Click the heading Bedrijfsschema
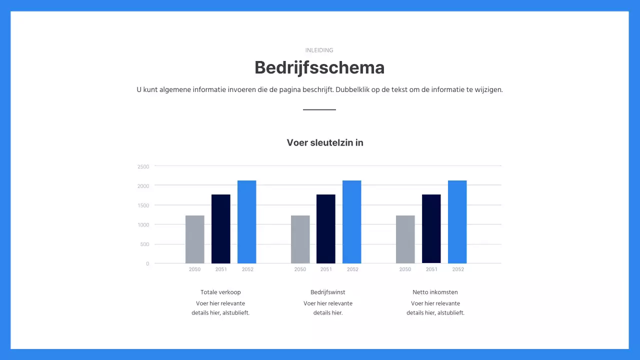(x=319, y=67)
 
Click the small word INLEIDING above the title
(x=319, y=50)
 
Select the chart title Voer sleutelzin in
(x=325, y=142)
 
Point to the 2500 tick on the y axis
(x=143, y=166)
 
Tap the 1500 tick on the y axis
(x=143, y=205)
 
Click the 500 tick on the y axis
(x=144, y=244)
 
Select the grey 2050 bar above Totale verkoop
(x=195, y=239)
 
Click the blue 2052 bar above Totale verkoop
(x=247, y=222)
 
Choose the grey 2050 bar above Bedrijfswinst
(x=300, y=239)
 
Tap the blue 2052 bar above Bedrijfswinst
(x=352, y=222)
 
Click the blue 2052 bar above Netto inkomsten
(x=457, y=222)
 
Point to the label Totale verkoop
(x=220, y=292)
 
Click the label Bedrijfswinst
(x=328, y=292)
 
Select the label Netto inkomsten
(x=435, y=292)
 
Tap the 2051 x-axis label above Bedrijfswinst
(x=326, y=269)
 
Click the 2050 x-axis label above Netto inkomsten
(x=405, y=269)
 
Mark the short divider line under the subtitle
(x=319, y=109)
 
